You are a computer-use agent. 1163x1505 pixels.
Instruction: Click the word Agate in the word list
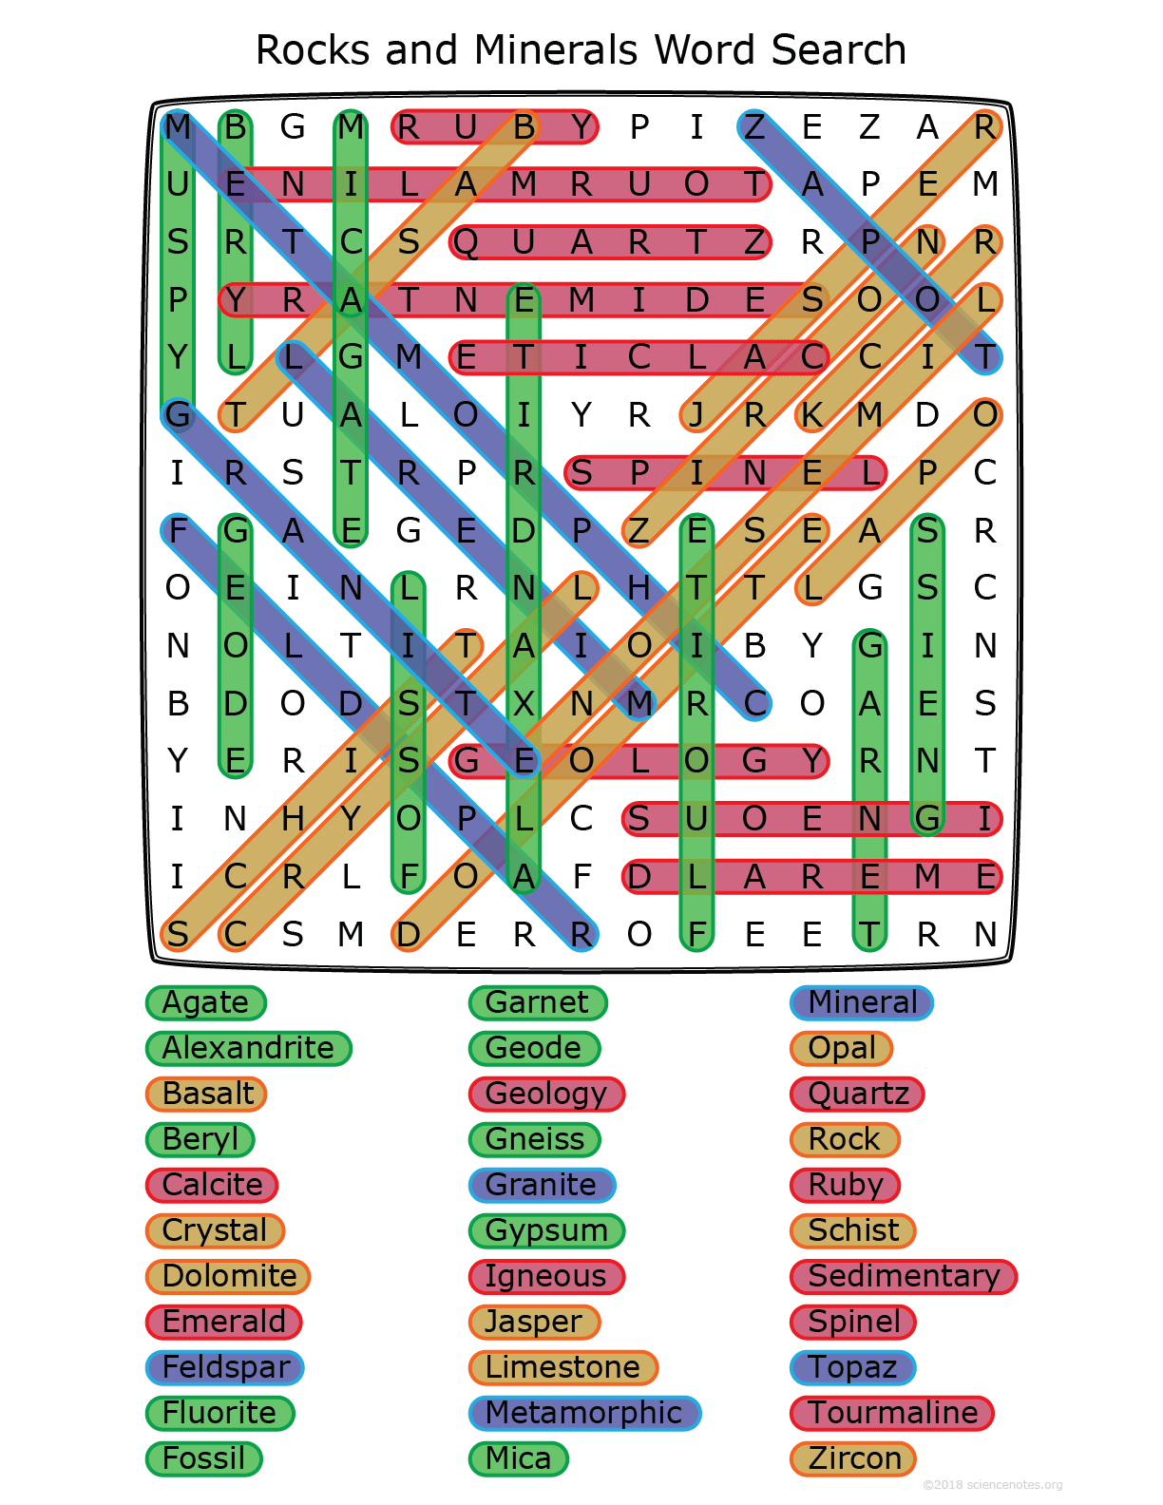(205, 1002)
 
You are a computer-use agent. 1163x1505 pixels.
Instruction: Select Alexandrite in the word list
(248, 1048)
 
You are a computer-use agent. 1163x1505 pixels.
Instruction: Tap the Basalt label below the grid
(207, 1094)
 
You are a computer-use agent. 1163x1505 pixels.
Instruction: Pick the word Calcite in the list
(212, 1185)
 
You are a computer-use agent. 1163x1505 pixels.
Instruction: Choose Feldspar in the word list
(225, 1367)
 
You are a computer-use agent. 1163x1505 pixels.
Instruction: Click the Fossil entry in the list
(203, 1458)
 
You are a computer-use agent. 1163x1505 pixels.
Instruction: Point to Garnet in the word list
(537, 1002)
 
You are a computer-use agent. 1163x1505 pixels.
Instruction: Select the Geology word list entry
(545, 1094)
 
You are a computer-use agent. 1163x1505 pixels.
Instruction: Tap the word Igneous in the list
(545, 1276)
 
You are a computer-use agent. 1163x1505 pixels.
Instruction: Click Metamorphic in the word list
(583, 1413)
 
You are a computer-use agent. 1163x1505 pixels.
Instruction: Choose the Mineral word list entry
(862, 1002)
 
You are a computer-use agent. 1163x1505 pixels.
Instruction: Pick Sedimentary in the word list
(903, 1276)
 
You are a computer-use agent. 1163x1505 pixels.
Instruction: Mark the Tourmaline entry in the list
(892, 1413)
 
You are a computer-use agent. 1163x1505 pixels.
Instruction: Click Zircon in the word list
(853, 1458)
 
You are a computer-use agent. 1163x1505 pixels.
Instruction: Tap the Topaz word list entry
(852, 1367)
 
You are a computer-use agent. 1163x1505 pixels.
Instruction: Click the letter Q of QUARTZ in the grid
(466, 242)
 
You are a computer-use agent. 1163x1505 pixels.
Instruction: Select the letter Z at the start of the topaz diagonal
(754, 126)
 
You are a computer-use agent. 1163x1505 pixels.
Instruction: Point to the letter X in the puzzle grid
(524, 704)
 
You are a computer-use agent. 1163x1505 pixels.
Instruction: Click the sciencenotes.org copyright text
(992, 1484)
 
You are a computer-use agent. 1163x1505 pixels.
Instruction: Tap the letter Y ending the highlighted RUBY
(581, 126)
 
